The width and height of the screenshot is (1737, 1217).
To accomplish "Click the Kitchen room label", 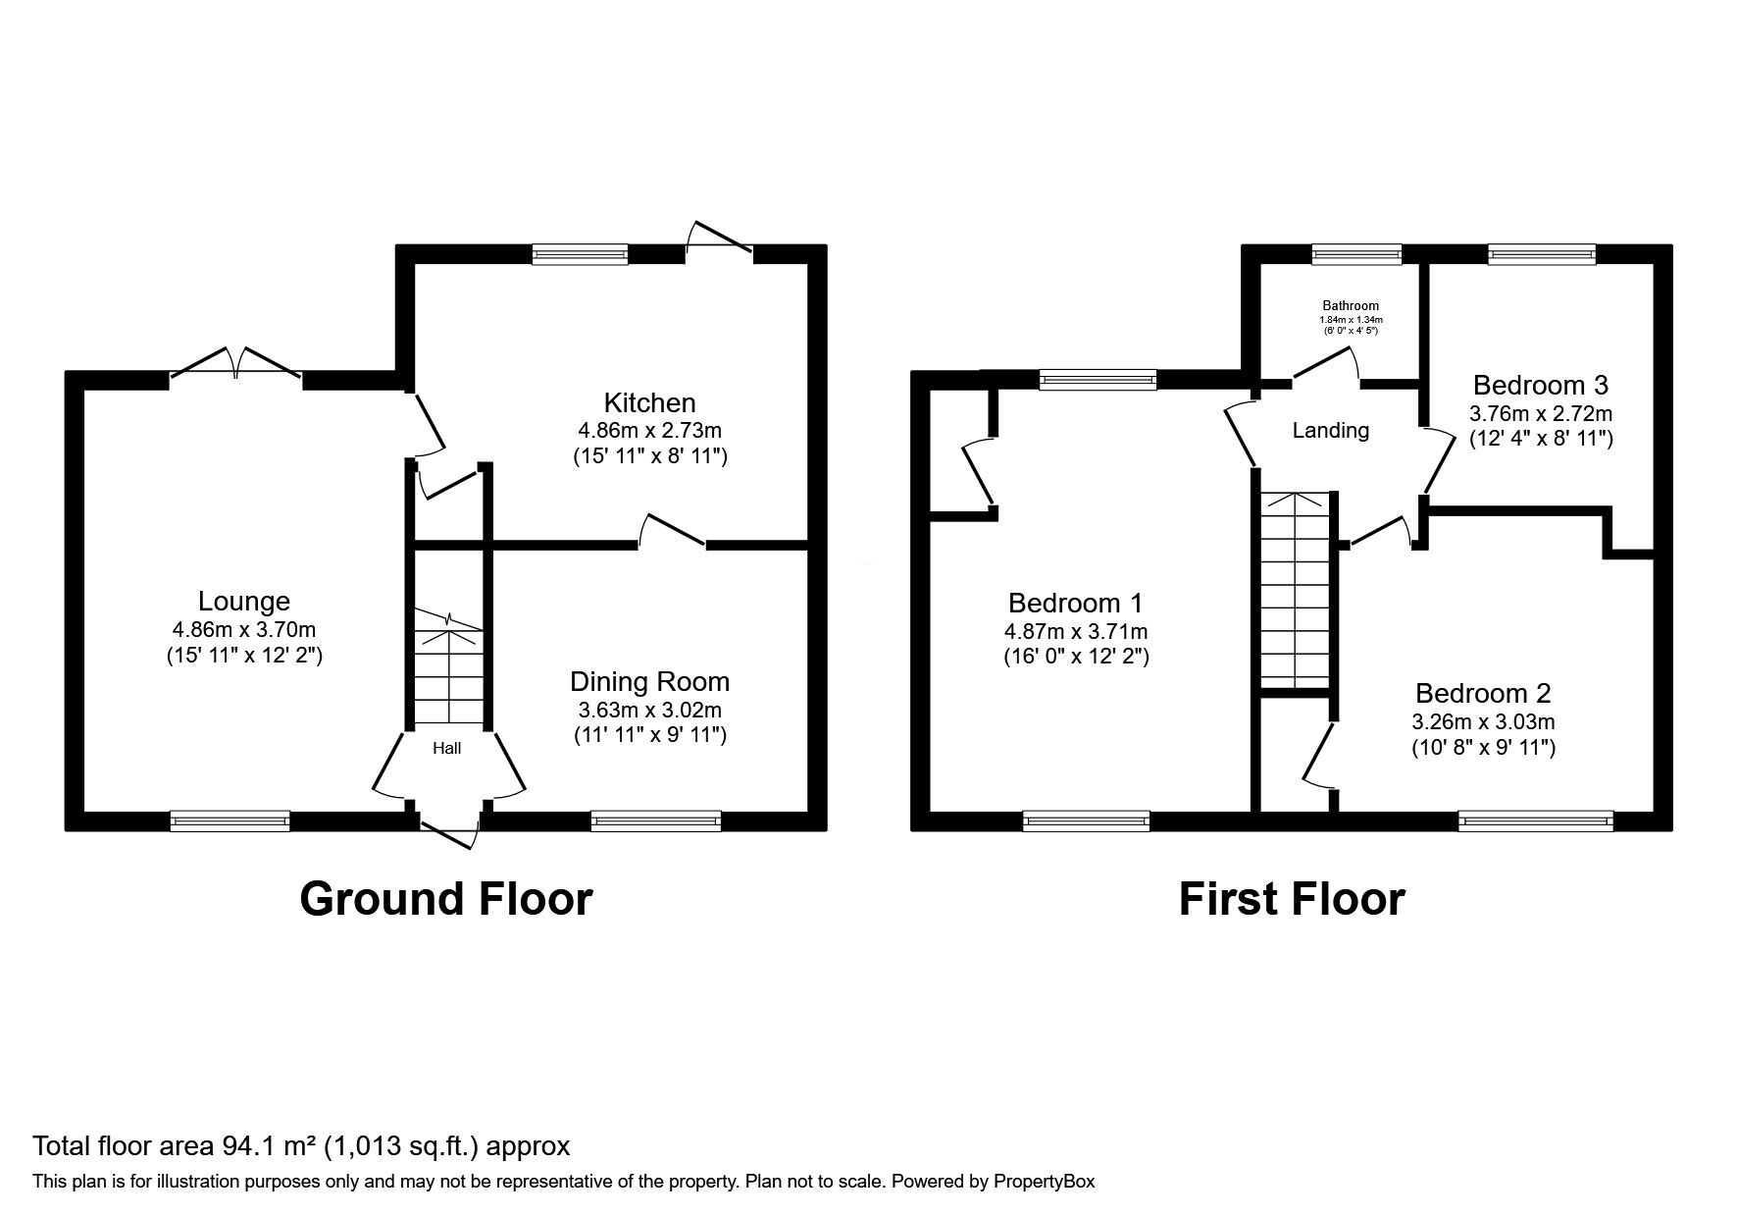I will pos(649,402).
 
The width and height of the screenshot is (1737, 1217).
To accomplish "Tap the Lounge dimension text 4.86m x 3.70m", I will pos(243,629).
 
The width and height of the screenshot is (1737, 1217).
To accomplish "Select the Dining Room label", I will pos(649,681).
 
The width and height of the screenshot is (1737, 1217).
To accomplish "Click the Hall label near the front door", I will pos(447,748).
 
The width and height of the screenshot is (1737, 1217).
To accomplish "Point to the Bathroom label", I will pos(1350,305).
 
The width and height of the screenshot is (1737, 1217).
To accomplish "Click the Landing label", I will pos(1330,430).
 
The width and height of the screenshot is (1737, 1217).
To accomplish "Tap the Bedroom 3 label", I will pos(1540,385).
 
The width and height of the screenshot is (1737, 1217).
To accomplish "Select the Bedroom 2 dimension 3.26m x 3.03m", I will pos(1483,722).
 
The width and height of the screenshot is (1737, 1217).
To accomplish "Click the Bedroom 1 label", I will pos(1075,603).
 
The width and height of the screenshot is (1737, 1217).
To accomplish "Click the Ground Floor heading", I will pos(445,899).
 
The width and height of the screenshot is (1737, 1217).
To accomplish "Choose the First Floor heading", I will pos(1291,899).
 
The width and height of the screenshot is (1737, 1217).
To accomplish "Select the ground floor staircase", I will pos(449,667).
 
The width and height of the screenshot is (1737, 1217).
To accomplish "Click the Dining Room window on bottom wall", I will pos(655,821).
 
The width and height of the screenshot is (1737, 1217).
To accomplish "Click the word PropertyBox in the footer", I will pos(1044,1182).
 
